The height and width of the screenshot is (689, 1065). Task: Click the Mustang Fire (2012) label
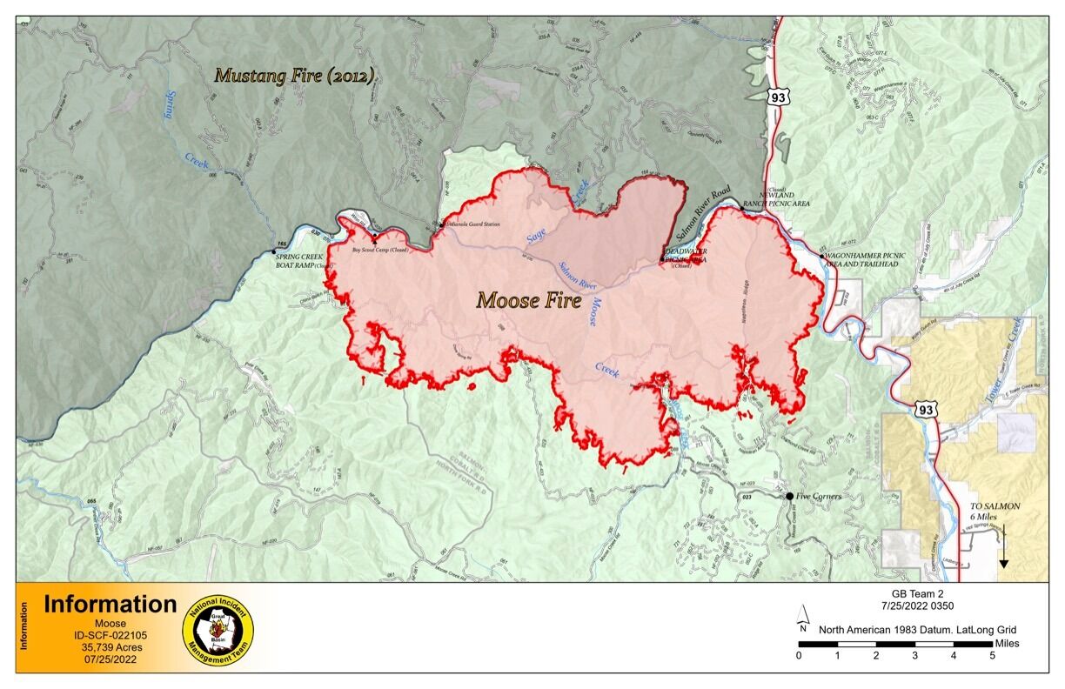click(x=295, y=76)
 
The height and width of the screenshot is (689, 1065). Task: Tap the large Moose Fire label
click(x=528, y=301)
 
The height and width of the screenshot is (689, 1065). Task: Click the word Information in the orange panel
click(x=111, y=605)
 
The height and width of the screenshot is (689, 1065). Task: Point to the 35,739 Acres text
click(x=110, y=648)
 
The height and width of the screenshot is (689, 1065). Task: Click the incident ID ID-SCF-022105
click(x=110, y=636)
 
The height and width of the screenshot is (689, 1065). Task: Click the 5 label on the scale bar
click(x=992, y=656)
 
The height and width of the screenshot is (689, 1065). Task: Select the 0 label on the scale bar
click(x=799, y=656)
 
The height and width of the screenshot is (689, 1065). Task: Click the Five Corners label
click(x=820, y=497)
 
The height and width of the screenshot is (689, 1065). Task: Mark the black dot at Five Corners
click(x=790, y=497)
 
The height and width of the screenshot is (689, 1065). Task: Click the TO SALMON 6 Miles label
click(x=995, y=511)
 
